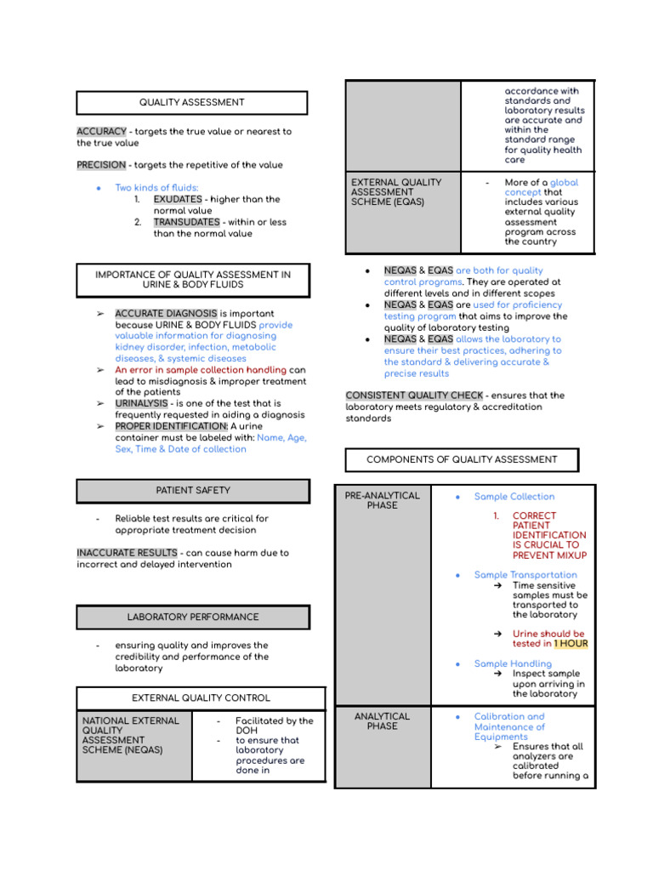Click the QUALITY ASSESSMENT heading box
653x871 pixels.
[x=191, y=103]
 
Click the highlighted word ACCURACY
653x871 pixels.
[x=101, y=132]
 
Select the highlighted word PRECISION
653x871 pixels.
[x=101, y=165]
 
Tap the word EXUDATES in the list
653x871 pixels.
[x=178, y=199]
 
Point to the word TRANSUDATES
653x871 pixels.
[x=186, y=222]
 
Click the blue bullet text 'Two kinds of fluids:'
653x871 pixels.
[x=156, y=187]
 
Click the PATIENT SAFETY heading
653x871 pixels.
[x=193, y=491]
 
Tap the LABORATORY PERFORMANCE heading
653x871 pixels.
[x=193, y=617]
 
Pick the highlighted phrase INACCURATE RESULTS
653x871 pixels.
[x=127, y=553]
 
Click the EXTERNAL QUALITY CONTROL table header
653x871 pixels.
[x=201, y=698]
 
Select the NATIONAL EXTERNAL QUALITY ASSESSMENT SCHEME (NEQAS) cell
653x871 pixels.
[x=133, y=736]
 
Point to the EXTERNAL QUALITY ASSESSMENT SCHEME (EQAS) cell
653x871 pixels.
[x=402, y=192]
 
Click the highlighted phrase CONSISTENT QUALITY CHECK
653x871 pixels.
[x=414, y=396]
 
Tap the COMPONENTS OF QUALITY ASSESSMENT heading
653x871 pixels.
[x=462, y=459]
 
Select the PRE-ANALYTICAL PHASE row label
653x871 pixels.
[x=382, y=500]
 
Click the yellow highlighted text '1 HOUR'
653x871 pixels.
[x=571, y=644]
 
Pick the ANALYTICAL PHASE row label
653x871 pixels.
[x=382, y=721]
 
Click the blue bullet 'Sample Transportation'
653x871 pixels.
[x=525, y=575]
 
